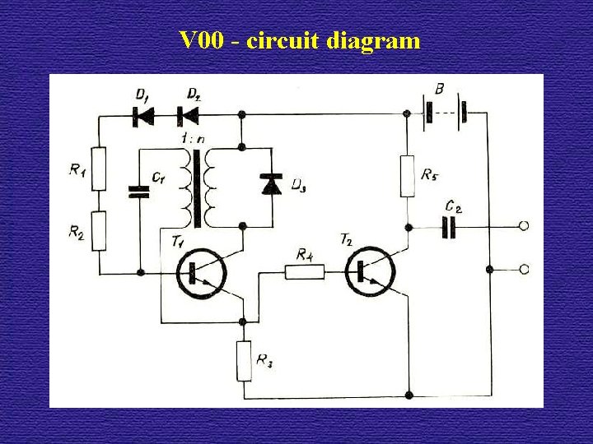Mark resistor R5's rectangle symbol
pos(407,176)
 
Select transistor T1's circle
pos(203,273)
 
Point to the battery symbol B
pos(444,114)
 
